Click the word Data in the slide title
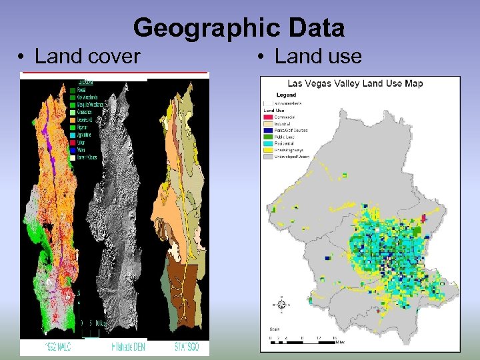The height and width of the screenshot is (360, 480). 317,29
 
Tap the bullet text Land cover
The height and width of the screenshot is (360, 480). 87,57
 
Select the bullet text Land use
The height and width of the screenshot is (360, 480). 318,57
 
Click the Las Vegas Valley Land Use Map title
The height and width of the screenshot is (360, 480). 355,84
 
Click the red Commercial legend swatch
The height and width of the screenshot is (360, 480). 268,117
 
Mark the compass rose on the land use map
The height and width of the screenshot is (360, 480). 281,305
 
